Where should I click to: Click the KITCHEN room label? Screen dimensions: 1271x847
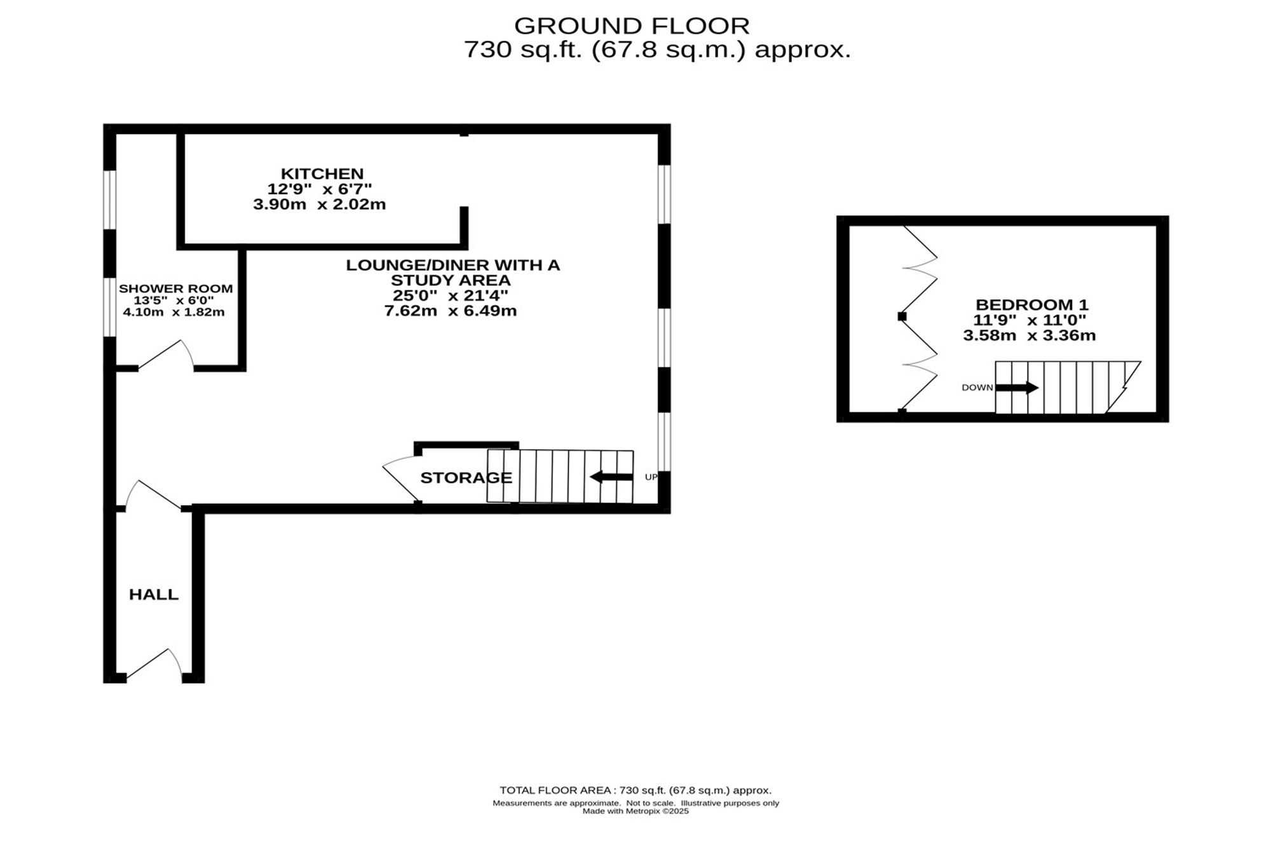322,173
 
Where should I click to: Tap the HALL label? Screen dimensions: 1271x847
154,595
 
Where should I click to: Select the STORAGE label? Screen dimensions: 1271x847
466,478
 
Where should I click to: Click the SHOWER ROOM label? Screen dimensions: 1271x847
176,288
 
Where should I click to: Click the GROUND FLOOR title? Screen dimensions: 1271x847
632,26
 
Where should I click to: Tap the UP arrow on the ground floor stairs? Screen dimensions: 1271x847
611,477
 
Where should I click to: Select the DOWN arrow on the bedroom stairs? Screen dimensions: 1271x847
1017,388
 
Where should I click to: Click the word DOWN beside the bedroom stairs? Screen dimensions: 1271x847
977,388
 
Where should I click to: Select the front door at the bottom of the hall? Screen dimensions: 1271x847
154,665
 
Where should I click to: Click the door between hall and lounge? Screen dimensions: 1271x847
154,494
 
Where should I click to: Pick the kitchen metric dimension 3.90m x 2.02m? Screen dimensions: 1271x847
320,205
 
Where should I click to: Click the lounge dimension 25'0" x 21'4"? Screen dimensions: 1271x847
451,295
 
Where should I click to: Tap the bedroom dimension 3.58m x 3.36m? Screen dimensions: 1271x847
1030,335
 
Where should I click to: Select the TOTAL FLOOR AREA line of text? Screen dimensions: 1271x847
635,790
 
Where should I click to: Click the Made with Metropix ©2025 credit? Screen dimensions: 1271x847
635,811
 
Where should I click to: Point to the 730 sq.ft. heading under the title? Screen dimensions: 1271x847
657,50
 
